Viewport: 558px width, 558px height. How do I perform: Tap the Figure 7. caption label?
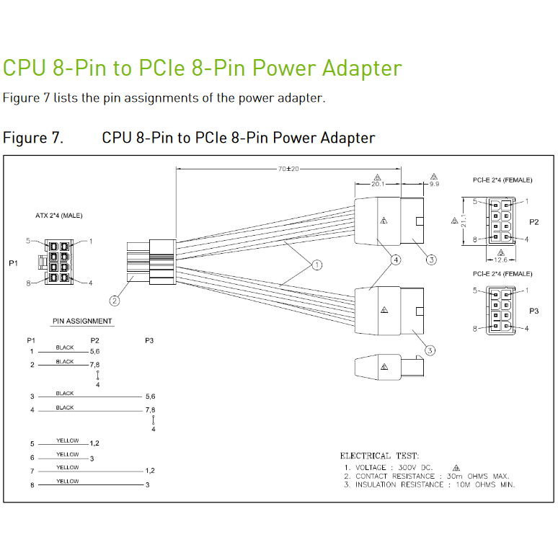point(33,138)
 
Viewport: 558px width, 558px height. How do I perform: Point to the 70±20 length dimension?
point(288,169)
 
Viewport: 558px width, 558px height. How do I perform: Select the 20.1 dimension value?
point(378,184)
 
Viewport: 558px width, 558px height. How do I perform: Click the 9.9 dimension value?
point(434,184)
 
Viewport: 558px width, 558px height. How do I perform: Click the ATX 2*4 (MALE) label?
point(59,216)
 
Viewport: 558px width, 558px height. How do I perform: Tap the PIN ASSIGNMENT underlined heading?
point(82,321)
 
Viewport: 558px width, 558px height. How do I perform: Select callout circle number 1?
point(316,265)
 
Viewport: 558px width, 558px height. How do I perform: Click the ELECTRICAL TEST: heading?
point(378,456)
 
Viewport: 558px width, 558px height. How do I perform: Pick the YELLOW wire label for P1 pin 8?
point(67,481)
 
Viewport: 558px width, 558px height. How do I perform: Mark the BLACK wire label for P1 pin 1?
point(65,347)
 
